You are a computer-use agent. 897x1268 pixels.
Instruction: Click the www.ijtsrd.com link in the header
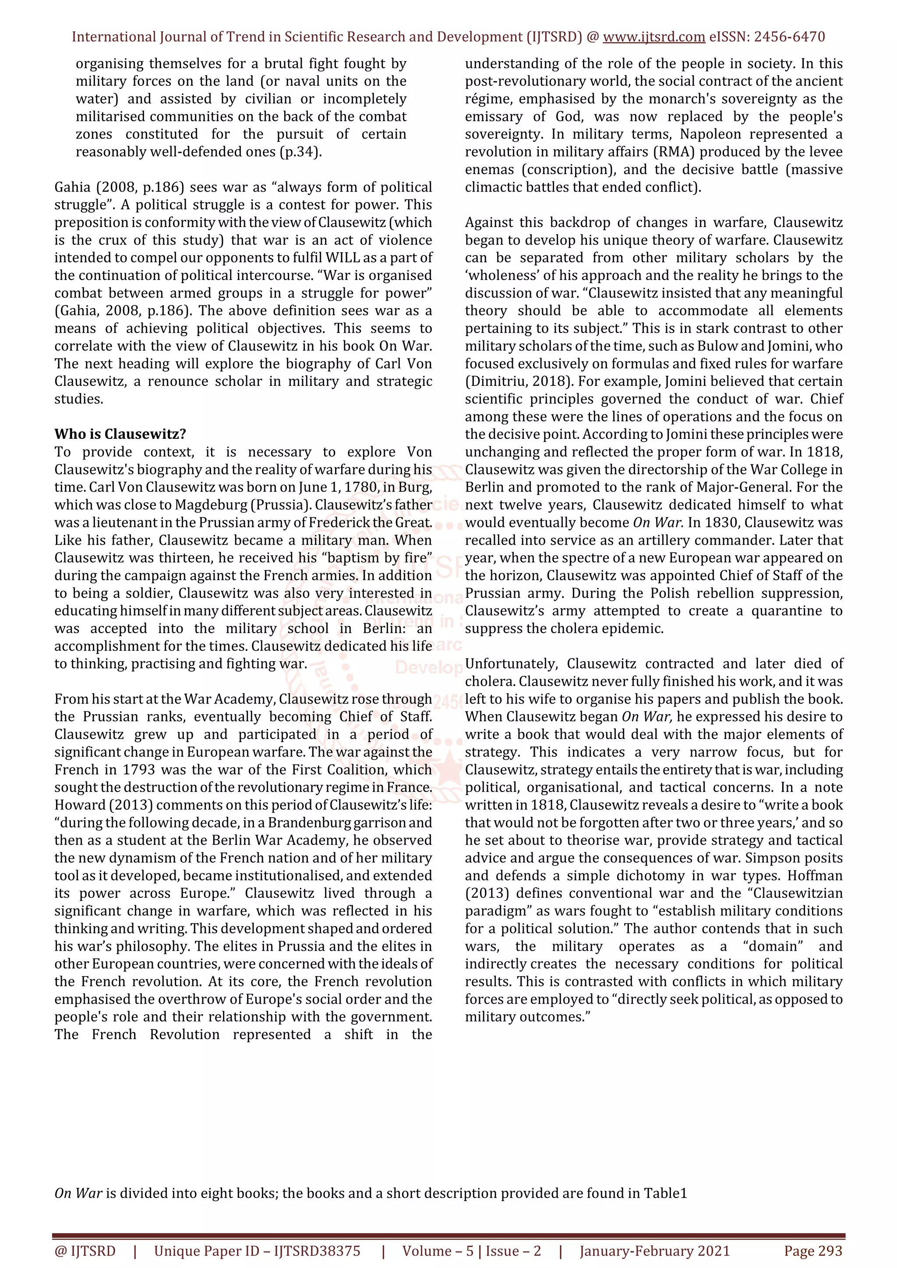[654, 37]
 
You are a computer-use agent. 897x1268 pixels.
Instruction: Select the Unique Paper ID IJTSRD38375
[317, 1250]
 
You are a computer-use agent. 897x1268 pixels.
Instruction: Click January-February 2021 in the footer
[654, 1250]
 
